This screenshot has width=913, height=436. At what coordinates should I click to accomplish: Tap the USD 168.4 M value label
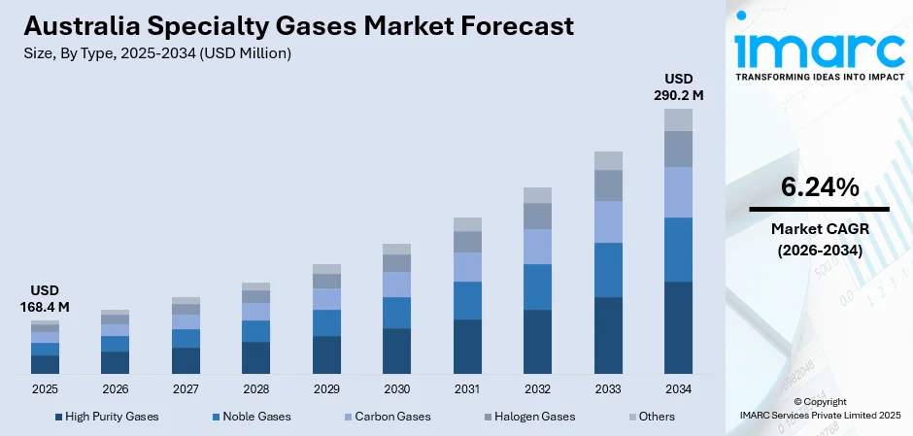[x=45, y=299]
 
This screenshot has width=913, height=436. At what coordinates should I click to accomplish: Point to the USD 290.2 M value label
[x=678, y=86]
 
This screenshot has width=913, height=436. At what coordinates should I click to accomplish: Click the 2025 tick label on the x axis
[x=45, y=388]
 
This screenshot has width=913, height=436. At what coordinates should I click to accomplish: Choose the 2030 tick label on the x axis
[x=396, y=388]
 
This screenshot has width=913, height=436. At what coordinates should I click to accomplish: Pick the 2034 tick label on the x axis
[x=678, y=388]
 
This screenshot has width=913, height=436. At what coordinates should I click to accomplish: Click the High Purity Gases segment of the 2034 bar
[x=678, y=327]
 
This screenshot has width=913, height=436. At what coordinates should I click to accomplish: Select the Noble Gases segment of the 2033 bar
[x=608, y=270]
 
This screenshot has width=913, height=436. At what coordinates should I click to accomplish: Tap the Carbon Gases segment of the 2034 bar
[x=678, y=192]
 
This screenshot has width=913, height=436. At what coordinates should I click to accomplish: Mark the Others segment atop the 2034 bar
[x=678, y=119]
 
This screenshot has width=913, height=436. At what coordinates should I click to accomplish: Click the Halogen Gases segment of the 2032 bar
[x=537, y=216]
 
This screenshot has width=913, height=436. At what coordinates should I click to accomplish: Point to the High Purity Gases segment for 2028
[x=255, y=357]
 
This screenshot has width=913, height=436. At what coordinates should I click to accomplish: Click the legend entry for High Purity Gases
[x=107, y=417]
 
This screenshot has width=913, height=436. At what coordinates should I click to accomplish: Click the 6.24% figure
[x=819, y=188]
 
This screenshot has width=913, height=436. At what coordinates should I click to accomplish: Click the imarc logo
[x=819, y=49]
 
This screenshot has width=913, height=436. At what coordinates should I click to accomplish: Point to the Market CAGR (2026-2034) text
[x=819, y=239]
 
